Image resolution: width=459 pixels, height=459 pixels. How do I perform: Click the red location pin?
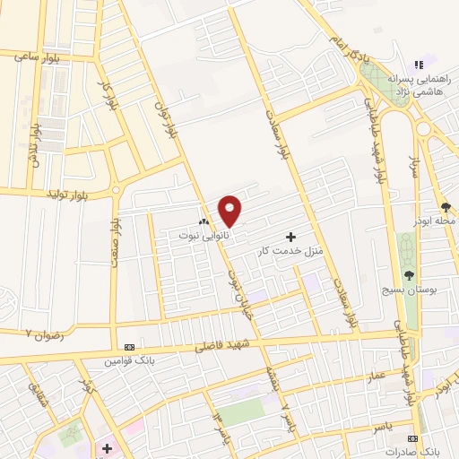pos(230,211)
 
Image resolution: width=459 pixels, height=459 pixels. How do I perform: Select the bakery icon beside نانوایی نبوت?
pos(204,222)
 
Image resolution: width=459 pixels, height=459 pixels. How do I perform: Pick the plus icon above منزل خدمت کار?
pos(290,237)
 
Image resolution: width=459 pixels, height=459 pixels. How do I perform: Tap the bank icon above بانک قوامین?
pos(130,347)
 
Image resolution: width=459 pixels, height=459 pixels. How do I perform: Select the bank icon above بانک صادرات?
pos(412,438)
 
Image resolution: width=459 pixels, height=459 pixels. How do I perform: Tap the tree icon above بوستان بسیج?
pos(409,275)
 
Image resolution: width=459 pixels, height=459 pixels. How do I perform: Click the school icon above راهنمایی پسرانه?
pos(418,65)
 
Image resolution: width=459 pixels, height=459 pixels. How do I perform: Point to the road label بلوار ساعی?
pos(36,56)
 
